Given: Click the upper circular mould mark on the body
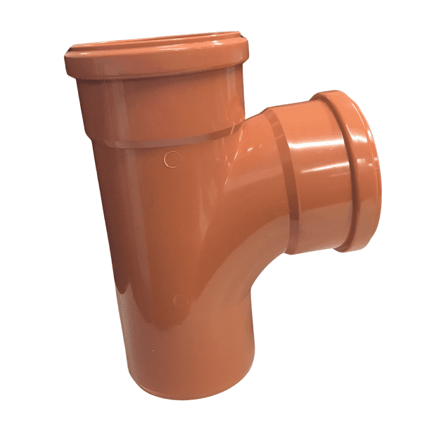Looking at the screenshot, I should coord(171,158).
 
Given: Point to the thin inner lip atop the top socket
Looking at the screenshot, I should coord(158,44).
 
